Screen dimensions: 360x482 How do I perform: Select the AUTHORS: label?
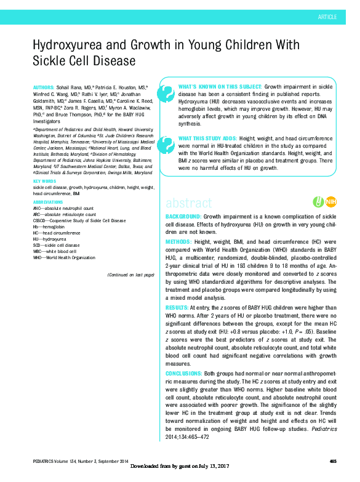pyautogui.click(x=45, y=89)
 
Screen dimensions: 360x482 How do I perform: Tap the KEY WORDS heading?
pyautogui.click(x=45, y=180)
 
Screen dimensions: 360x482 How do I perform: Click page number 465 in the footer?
pyautogui.click(x=333, y=462)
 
